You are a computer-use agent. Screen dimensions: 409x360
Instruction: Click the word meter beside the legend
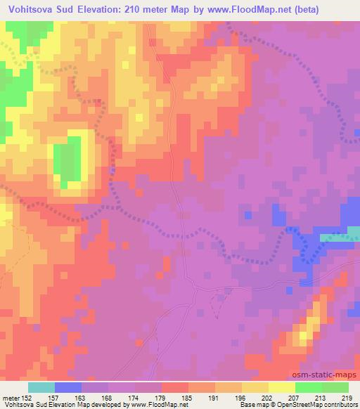[13, 398]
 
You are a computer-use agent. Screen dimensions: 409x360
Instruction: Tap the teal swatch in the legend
[41, 387]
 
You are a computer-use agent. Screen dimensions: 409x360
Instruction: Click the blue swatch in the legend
[68, 387]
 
